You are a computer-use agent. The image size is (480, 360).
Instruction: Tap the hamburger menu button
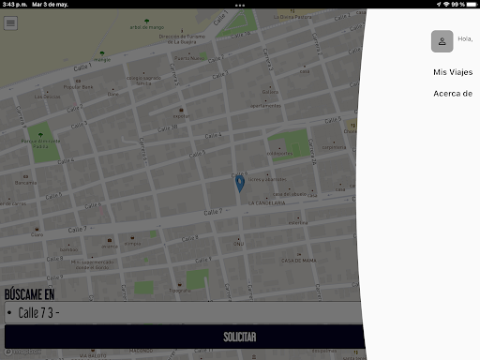click(10, 22)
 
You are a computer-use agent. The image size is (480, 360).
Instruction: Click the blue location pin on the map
click(240, 183)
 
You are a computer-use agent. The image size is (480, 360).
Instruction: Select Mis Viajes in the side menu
click(452, 71)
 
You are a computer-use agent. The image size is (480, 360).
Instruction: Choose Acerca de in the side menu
click(452, 93)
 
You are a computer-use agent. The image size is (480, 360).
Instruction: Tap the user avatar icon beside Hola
click(442, 40)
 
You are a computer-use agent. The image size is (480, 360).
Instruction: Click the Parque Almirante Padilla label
click(41, 144)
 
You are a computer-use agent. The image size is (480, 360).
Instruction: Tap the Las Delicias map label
click(47, 97)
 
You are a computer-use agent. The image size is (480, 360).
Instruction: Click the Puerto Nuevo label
click(187, 58)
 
